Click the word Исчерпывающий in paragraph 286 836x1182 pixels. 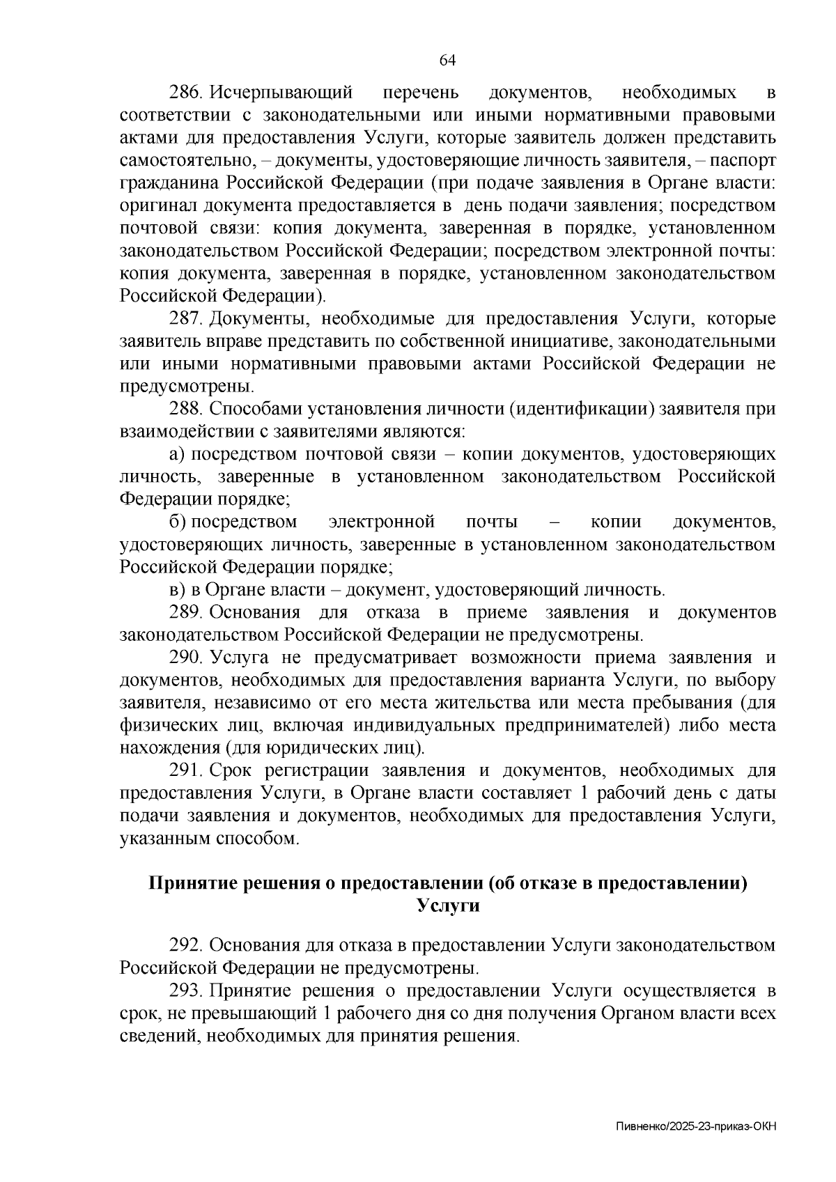282,93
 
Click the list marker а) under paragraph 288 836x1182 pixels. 177,454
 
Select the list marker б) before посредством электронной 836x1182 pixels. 177,522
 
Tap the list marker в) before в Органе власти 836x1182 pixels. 177,590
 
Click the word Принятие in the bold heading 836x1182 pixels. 187,883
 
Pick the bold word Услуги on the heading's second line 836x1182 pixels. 447,906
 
